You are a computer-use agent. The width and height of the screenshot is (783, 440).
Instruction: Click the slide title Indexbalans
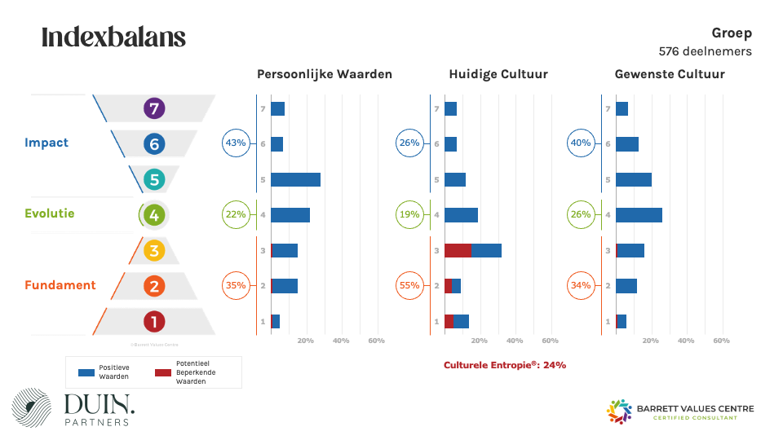tap(113, 37)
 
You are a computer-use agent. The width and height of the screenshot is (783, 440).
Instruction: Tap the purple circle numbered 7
tap(153, 108)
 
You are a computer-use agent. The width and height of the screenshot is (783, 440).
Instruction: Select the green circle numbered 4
tap(153, 215)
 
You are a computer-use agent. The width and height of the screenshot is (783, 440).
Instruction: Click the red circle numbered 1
tap(154, 322)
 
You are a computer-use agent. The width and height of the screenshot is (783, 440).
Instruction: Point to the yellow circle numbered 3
tap(154, 250)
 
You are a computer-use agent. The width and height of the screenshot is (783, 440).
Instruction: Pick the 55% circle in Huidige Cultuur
tap(409, 285)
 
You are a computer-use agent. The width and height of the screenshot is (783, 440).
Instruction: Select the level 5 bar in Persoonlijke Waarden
tap(295, 179)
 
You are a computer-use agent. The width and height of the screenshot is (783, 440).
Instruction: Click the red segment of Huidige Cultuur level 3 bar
tap(458, 250)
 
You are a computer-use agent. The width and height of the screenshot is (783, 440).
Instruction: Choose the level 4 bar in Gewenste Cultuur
tap(639, 214)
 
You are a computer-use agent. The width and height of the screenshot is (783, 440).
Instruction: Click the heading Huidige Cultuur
tap(498, 74)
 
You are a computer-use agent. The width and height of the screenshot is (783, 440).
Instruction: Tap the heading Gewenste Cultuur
tap(670, 74)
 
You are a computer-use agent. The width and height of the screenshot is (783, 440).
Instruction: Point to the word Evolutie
tap(49, 213)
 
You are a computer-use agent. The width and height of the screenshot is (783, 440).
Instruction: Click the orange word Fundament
tap(60, 285)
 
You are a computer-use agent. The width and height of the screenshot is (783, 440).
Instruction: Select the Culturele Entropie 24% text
tap(505, 365)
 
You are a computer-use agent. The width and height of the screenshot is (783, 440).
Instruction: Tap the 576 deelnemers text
tap(705, 51)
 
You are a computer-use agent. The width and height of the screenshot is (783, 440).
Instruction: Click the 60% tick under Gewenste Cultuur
tap(721, 341)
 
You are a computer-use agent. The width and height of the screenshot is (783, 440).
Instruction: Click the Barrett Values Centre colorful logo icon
tap(620, 411)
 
